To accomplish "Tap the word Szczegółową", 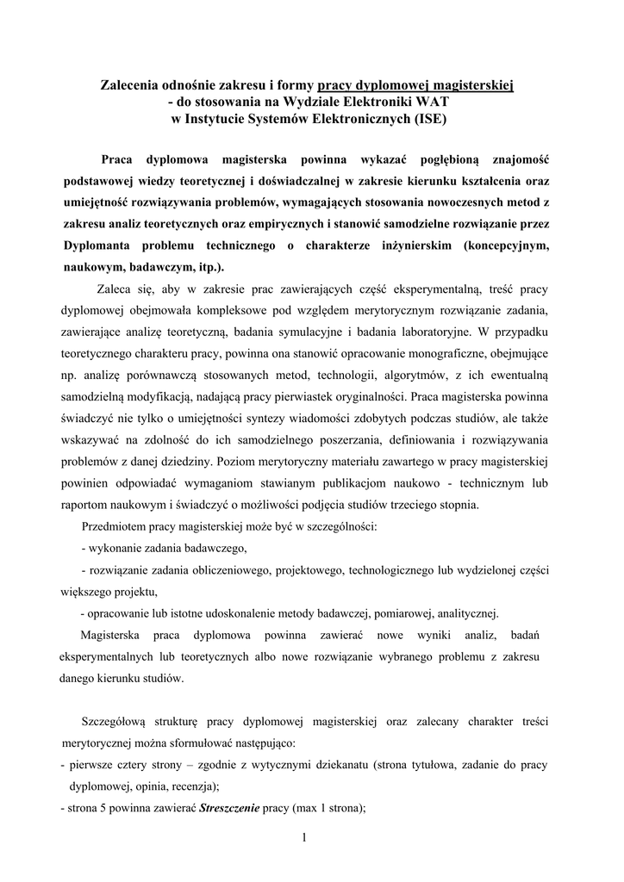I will (x=121, y=720).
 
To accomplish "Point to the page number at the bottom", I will (x=305, y=837).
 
